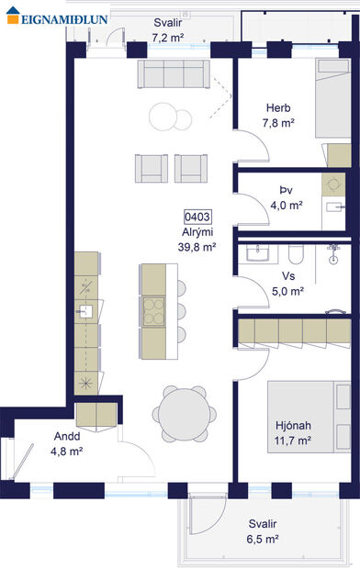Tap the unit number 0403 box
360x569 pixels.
pos(197,217)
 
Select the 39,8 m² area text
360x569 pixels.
pos(197,247)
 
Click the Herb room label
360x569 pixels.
pos(278,106)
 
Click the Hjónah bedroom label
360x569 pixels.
pos(293,426)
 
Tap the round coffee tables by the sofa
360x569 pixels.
pos(171,116)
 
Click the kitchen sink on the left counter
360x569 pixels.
pos(85,311)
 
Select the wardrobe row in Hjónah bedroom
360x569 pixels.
pos(294,329)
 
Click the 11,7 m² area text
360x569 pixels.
pos(293,441)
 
